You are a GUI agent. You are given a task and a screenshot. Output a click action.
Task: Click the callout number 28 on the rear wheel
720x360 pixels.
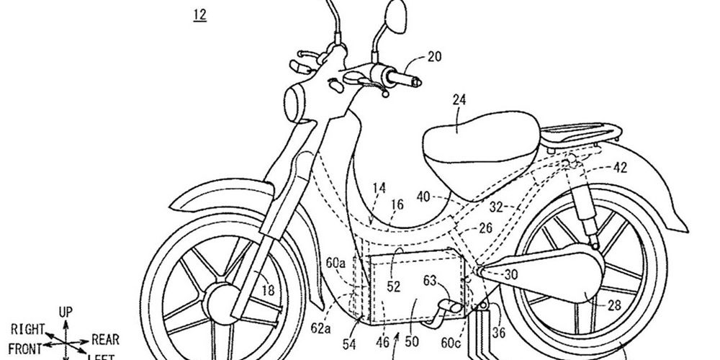point(613,305)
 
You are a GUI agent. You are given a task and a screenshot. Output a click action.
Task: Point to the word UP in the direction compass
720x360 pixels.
point(66,312)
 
